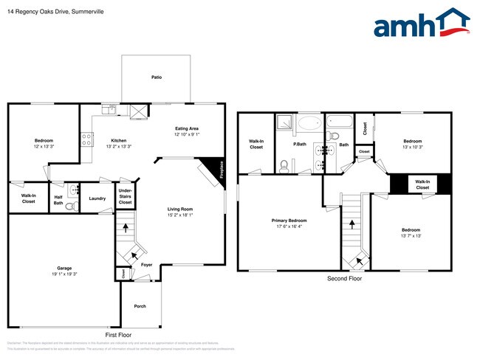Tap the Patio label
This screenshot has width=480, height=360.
point(157,77)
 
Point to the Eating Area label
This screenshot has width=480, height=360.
point(187,128)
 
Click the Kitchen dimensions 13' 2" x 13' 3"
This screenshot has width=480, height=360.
point(119,146)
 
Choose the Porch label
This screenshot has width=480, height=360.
point(140,306)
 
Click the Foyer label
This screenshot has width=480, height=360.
point(147,264)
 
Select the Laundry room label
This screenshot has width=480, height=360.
point(97,198)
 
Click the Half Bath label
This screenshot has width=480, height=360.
point(58,198)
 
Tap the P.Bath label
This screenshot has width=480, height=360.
point(301,145)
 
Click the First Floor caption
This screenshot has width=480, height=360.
point(122,334)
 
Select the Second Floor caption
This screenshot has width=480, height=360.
point(344,279)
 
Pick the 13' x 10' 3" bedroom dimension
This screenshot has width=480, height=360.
point(412,147)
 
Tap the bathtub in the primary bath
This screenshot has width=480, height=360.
point(310,123)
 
